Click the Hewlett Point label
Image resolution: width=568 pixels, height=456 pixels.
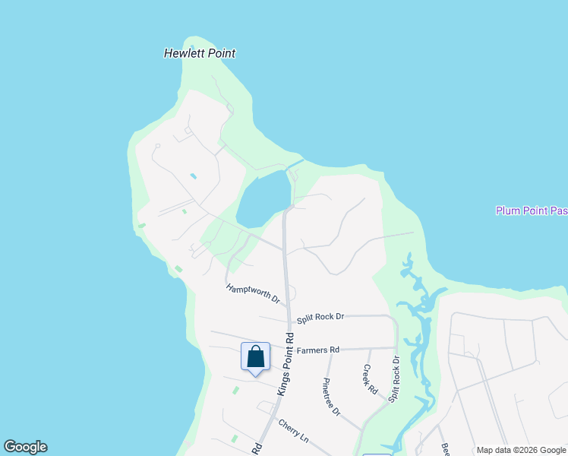click(200, 54)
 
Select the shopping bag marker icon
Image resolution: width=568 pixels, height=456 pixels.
click(255, 357)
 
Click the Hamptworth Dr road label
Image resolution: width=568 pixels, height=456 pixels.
click(253, 294)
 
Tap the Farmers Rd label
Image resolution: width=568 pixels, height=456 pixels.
click(317, 350)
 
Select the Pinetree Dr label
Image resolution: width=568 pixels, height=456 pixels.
click(331, 396)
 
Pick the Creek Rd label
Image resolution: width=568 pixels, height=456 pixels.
click(370, 379)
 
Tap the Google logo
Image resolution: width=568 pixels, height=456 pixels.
click(25, 447)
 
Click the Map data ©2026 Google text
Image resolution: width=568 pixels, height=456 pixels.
click(521, 450)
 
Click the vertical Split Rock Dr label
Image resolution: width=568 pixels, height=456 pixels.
click(394, 379)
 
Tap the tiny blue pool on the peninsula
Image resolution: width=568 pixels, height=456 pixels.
click(193, 176)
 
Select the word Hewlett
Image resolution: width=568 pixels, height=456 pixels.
click(183, 54)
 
